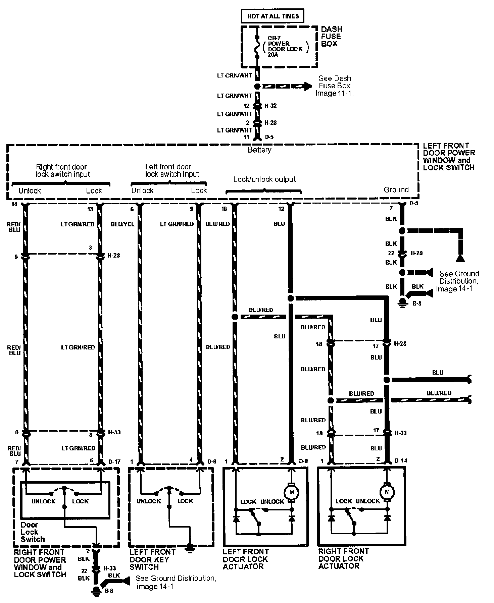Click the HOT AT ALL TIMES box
coord(273,16)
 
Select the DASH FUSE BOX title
coord(331,37)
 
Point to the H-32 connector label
coord(270,106)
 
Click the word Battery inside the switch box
coord(259,150)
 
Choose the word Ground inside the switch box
coord(396,190)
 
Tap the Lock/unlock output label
coord(264,179)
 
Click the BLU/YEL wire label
coord(122,224)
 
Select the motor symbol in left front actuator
coord(292,492)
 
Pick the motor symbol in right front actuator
coord(387,492)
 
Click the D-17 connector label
coord(114,461)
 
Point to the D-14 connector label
coord(401,460)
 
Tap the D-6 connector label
coord(212,461)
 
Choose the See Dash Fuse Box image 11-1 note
coord(334,86)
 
